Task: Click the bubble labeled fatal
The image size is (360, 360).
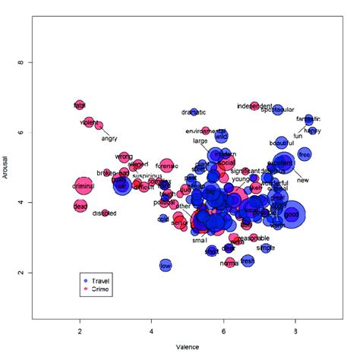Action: coord(80,105)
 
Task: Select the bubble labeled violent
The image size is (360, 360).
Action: coord(89,122)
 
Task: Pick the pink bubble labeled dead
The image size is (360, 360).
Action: coord(81,206)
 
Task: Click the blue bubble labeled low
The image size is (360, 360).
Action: coord(166,265)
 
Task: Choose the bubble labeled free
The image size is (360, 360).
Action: coord(305,155)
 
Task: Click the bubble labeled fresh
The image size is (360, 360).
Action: coord(248,261)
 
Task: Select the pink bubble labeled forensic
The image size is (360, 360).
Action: coord(167,166)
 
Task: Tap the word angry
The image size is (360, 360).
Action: coord(109,138)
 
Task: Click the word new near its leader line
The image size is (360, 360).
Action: coord(302,180)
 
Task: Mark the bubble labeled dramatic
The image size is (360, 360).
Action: coord(194,112)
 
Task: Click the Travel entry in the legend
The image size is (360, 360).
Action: coord(100,280)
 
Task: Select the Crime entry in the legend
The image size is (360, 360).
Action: coord(100,289)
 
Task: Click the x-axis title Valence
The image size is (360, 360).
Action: coord(188,348)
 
